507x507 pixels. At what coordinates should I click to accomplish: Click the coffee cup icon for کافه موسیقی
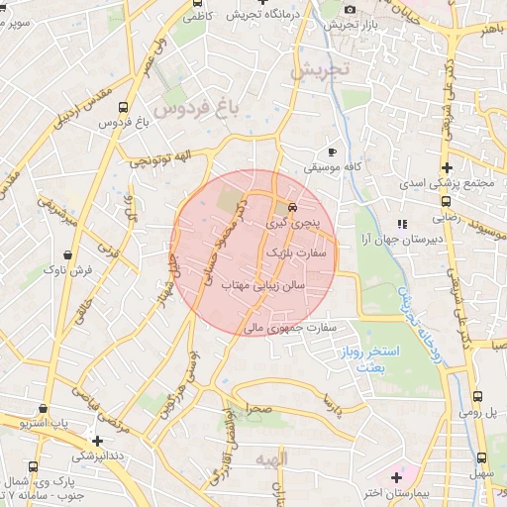tap(332, 152)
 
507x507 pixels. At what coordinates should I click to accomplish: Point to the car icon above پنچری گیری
tap(292, 208)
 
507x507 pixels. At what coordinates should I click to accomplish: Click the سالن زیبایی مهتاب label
tap(264, 285)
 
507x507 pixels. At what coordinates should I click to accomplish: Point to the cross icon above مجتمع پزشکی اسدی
tap(447, 167)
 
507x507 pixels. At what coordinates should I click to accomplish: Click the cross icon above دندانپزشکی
tap(97, 441)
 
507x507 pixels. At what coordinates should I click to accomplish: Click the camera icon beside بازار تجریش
tap(350, 10)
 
